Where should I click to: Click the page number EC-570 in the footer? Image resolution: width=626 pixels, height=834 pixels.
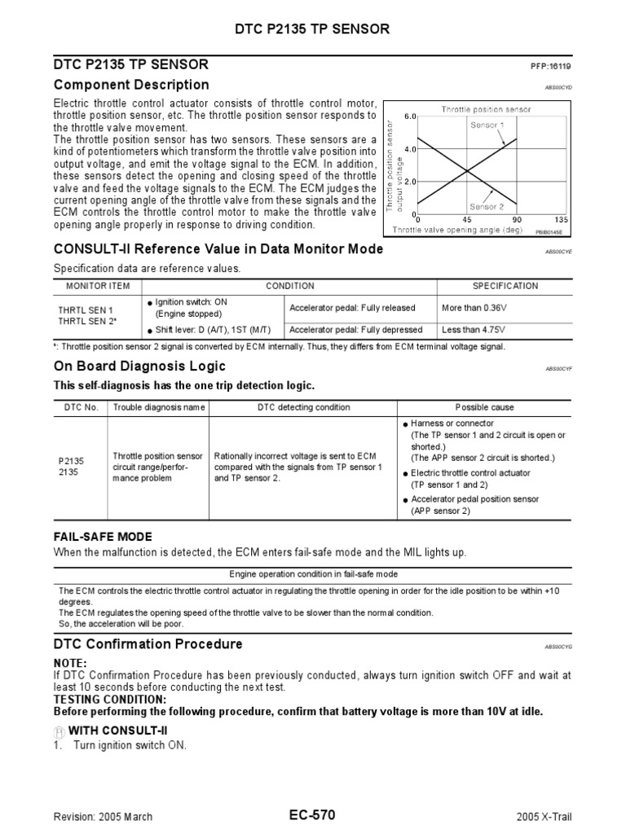pos(312,815)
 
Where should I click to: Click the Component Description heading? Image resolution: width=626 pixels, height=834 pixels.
pos(131,86)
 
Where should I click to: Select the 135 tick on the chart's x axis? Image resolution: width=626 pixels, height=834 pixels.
pos(560,220)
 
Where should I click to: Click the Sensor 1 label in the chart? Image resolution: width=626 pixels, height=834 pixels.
pos(487,125)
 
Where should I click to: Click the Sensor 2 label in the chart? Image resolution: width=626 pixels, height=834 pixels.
pos(487,207)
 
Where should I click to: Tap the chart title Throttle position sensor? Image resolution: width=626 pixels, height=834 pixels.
pos(485,109)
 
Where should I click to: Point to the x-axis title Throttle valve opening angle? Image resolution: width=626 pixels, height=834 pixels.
pos(456,230)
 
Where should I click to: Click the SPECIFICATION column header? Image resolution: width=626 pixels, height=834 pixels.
pos(505,286)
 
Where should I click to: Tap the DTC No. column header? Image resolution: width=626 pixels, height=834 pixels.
pos(81,407)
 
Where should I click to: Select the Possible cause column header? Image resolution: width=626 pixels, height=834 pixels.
pos(484,407)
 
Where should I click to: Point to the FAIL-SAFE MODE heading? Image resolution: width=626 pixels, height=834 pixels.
pos(103,537)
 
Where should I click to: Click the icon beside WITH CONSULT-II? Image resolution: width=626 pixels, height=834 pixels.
pos(59,731)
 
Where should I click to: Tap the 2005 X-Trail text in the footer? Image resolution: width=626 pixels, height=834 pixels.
pos(544,817)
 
